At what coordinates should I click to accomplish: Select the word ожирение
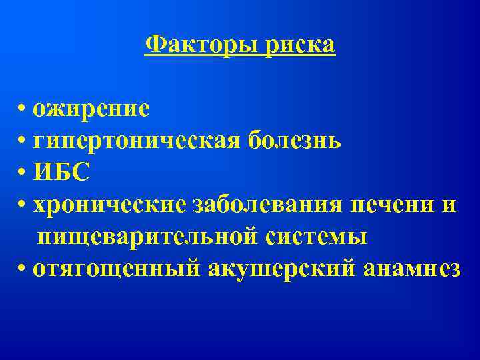pos(92,108)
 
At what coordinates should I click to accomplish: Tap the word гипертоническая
pos(137,141)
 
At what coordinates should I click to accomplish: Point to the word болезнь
pos(295,141)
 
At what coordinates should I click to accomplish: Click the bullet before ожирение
pos(23,109)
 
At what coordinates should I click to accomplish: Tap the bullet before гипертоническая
pos(23,141)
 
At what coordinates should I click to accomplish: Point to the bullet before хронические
pos(23,205)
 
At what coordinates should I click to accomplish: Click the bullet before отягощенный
pos(23,269)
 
